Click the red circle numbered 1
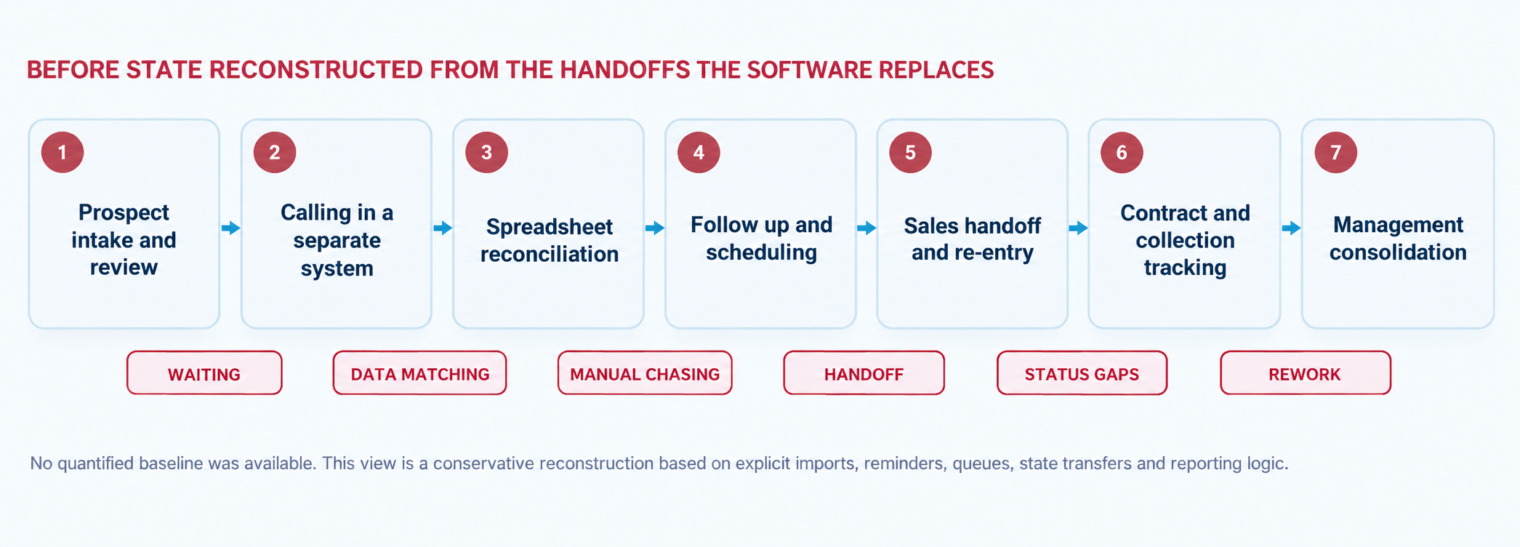pos(63,152)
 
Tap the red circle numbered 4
pos(699,152)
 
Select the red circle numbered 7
pos(1336,152)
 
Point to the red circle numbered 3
pos(486,152)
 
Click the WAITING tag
pos(204,373)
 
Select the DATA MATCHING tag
pos(419,373)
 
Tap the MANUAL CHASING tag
pos(645,373)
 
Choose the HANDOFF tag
pos(864,373)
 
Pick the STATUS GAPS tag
pos(1082,373)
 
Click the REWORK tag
pos(1305,373)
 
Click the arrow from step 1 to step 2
pos(230,228)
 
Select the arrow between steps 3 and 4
pos(654,228)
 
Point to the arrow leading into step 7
pos(1291,228)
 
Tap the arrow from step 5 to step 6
pos(1078,228)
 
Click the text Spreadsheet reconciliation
pos(550,240)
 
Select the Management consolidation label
pos(1398,239)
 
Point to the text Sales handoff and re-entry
pos(973,239)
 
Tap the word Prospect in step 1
pos(124,212)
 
